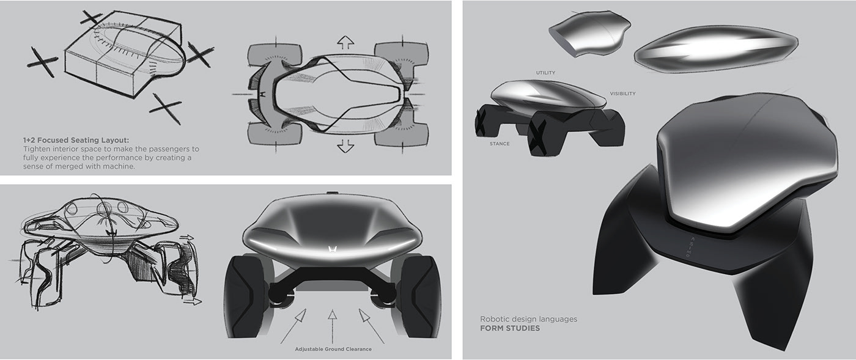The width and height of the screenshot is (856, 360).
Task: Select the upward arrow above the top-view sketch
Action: click(x=345, y=42)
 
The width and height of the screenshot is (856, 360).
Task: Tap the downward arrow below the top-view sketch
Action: click(x=345, y=145)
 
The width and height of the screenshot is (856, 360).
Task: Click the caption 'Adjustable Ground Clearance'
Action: click(x=333, y=349)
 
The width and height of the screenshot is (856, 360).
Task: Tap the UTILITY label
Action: click(x=545, y=73)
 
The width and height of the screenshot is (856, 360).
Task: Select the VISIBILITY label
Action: click(x=622, y=94)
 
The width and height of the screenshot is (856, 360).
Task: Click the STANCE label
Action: click(x=500, y=144)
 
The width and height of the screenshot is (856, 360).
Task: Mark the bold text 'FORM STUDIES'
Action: click(x=510, y=328)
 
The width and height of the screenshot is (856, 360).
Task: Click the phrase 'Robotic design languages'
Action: click(x=528, y=318)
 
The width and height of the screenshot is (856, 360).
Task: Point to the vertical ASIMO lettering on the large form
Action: click(x=687, y=248)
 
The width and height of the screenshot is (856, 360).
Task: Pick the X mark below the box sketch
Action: click(x=165, y=108)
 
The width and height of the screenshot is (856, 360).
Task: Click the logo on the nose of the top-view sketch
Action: click(x=262, y=95)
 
